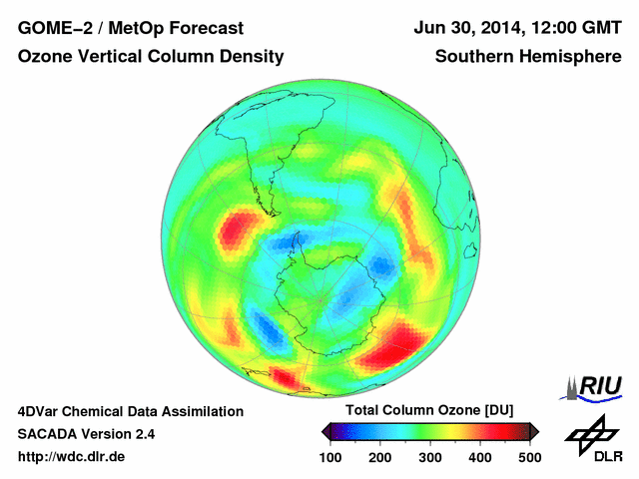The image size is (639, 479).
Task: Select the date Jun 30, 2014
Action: pyautogui.click(x=466, y=27)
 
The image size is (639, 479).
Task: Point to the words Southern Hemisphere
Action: pyautogui.click(x=528, y=57)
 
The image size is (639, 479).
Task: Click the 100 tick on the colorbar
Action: pyautogui.click(x=331, y=457)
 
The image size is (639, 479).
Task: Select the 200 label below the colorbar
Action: pyautogui.click(x=380, y=457)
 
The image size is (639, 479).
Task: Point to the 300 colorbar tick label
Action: pyautogui.click(x=430, y=457)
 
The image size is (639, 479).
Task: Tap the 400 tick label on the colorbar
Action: pyautogui.click(x=479, y=457)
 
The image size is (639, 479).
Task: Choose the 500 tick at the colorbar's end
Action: pyautogui.click(x=528, y=457)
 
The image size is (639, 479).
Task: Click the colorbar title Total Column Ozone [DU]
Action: pyautogui.click(x=429, y=411)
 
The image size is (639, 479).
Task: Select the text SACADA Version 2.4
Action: pyautogui.click(x=86, y=434)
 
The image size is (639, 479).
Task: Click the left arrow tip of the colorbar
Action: pyautogui.click(x=325, y=431)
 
